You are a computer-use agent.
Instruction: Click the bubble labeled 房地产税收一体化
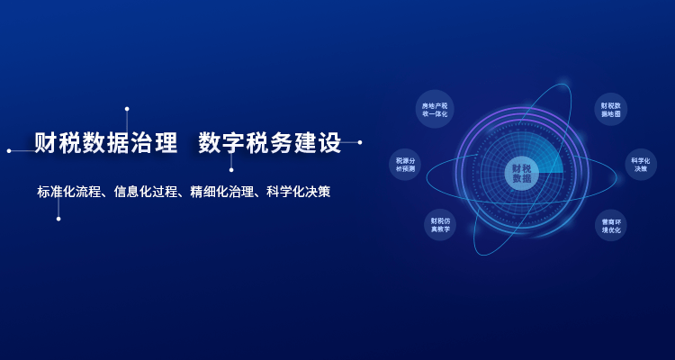coord(435,109)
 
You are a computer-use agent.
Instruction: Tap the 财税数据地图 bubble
coord(610,109)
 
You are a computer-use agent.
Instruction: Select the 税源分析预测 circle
coord(405,164)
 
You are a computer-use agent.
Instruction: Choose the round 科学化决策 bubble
coord(641,164)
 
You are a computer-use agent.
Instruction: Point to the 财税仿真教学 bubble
coord(440,225)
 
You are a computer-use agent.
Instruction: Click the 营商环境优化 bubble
coord(611,225)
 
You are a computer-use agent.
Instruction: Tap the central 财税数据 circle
coord(521,173)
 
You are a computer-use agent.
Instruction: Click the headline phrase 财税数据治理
coord(106,142)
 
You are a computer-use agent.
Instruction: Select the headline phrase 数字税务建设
coord(270,142)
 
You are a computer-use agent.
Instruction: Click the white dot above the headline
coord(127,109)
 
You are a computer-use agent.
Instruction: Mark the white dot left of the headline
coord(9,150)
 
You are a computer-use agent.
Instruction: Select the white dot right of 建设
coord(360,142)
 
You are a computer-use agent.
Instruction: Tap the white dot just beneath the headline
coord(231,170)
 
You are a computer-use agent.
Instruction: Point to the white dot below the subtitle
coord(58,219)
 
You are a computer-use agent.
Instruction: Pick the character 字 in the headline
coord(234,142)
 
